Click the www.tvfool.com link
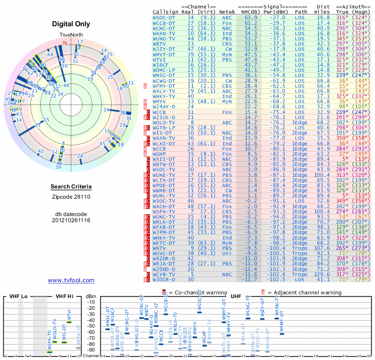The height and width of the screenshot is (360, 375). click(71, 280)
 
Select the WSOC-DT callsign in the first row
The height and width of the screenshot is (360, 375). click(164, 17)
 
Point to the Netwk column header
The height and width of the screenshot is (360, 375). click(227, 12)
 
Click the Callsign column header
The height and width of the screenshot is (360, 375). click(165, 12)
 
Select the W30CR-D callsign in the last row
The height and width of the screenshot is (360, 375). click(164, 279)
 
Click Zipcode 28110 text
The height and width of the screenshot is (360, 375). click(71, 197)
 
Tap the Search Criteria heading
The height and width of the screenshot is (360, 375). click(71, 187)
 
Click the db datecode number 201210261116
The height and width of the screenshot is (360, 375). click(71, 220)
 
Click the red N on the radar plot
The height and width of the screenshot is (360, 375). click(65, 43)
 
